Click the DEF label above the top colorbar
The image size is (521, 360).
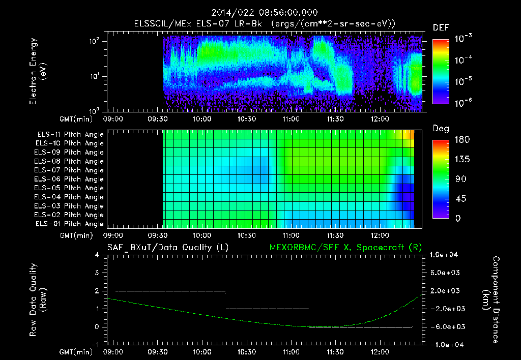tap(441, 27)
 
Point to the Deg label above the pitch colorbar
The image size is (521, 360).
tap(441, 129)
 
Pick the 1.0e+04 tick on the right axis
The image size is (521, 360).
tap(446, 255)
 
